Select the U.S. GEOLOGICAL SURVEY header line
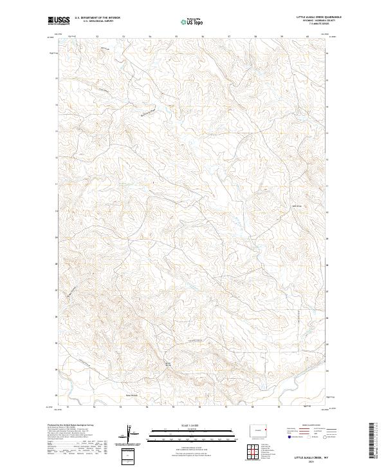[x=97, y=22]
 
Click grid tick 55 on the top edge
[x=176, y=36]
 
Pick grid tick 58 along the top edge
[x=256, y=36]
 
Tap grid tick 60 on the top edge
[x=308, y=36]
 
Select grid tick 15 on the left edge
[x=57, y=80]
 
